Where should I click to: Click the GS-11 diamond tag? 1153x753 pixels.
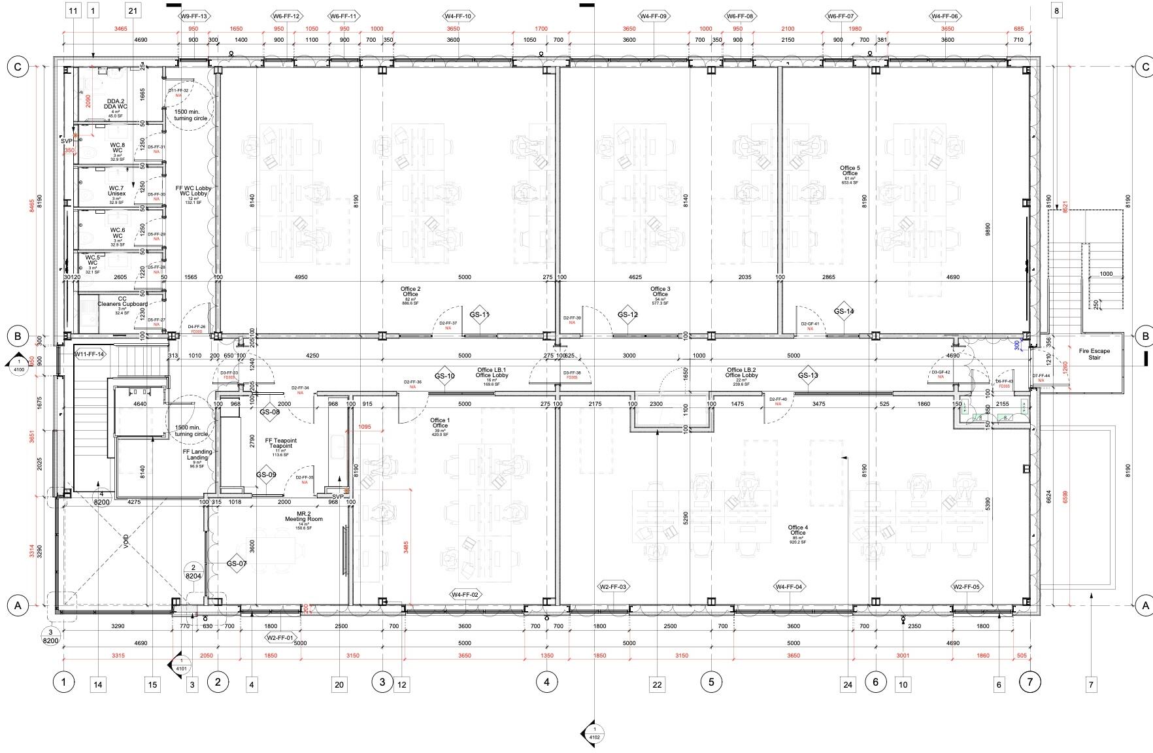tap(479, 314)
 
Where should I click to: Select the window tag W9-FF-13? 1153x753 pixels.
tap(194, 16)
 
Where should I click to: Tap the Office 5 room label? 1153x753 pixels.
tap(850, 171)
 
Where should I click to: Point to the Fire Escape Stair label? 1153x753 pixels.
tap(1094, 354)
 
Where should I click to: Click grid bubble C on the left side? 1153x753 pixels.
tap(18, 66)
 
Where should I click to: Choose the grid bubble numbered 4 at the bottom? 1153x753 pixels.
tap(546, 682)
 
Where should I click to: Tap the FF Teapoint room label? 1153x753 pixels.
tap(280, 443)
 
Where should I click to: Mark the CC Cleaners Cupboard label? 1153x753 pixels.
tap(122, 302)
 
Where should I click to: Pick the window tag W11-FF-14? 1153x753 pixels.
tap(90, 354)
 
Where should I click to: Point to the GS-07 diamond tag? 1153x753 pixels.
tap(237, 563)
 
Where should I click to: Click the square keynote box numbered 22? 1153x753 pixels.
tap(657, 684)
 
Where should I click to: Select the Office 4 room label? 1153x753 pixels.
tap(797, 530)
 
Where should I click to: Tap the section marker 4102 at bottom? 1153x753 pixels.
tap(594, 733)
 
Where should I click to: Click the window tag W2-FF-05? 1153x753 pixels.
tap(966, 587)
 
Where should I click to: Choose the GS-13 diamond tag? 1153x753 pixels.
tap(808, 375)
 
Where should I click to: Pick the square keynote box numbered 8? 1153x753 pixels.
tap(1056, 10)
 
